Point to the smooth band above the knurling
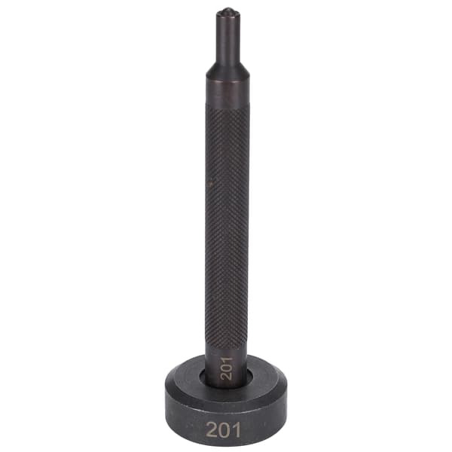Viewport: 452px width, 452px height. tap(228, 92)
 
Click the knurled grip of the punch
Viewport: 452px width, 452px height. tap(228, 224)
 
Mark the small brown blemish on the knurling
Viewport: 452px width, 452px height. tap(211, 182)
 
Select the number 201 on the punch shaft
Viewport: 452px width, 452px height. tap(226, 368)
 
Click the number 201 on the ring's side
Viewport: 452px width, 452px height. tap(224, 430)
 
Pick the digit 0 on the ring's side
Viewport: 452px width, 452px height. tap(225, 430)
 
